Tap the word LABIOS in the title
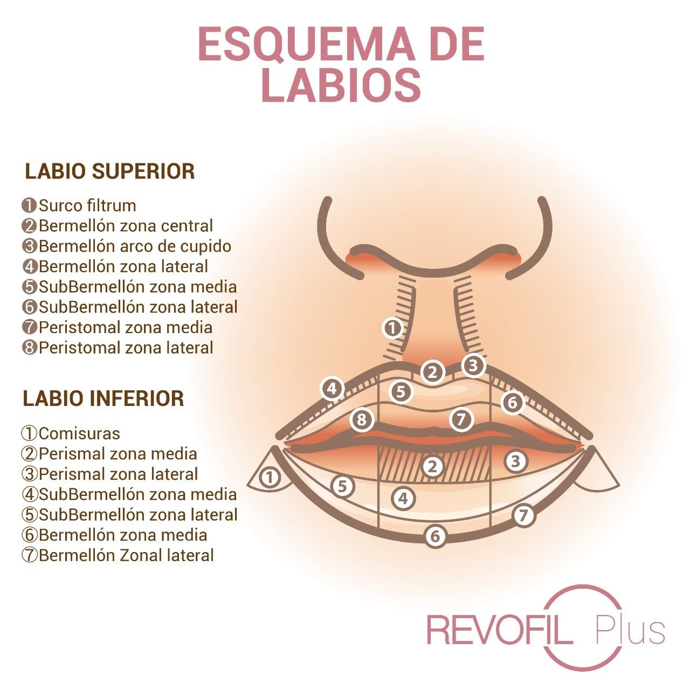341,85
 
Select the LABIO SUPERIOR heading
110,171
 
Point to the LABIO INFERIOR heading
103,398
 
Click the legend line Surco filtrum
80,205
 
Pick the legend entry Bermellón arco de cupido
127,246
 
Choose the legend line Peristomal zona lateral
118,347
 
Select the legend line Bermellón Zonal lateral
118,555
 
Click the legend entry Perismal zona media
109,453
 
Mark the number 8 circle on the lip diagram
362,419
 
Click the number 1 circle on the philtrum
392,328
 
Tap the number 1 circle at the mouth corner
270,477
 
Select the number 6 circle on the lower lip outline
435,536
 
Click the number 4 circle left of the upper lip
332,388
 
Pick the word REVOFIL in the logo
500,629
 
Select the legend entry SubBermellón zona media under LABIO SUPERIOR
130,286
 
